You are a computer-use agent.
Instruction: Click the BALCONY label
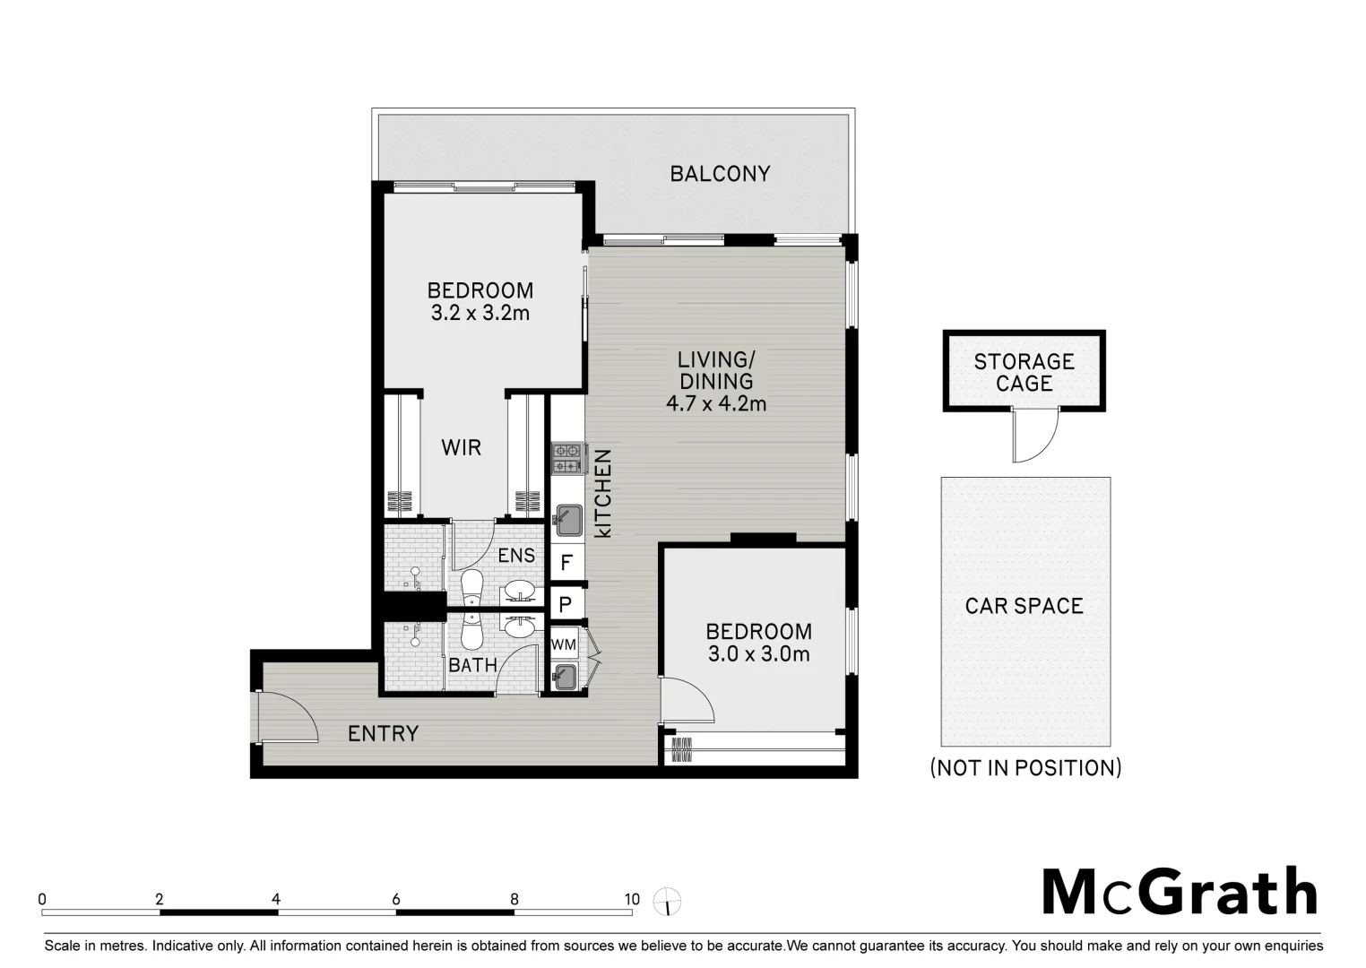tap(720, 174)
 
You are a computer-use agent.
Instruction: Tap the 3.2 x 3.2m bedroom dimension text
tap(480, 313)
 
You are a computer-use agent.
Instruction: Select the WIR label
tap(462, 447)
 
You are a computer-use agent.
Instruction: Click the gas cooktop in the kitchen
tap(566, 458)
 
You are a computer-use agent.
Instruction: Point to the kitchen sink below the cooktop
tap(566, 519)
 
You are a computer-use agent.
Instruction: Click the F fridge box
tap(566, 563)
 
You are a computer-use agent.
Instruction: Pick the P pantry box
tap(566, 604)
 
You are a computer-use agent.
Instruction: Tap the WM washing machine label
tap(564, 644)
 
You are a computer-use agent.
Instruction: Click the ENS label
tap(516, 556)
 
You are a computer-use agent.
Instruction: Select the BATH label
tap(472, 665)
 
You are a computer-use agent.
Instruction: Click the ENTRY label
tap(383, 734)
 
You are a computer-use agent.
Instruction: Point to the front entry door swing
tap(287, 717)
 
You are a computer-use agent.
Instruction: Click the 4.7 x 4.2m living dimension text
tap(716, 403)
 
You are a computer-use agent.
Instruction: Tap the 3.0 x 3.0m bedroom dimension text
tap(758, 654)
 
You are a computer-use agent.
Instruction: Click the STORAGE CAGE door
tap(1033, 436)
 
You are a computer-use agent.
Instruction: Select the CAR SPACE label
tap(1024, 606)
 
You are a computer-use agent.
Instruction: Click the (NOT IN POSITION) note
tap(1025, 768)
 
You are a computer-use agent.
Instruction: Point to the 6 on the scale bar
tap(395, 900)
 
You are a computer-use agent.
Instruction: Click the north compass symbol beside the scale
tap(667, 901)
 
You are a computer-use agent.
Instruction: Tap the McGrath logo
tap(1180, 892)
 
